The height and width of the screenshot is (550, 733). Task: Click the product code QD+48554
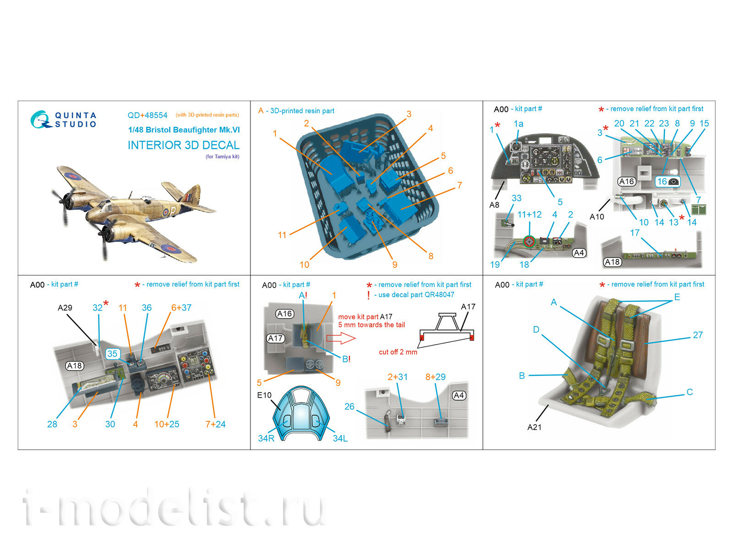147,115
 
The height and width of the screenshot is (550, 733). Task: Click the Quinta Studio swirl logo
40,119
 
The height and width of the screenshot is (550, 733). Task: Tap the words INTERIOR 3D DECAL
183,145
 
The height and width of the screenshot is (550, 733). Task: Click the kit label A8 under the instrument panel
494,205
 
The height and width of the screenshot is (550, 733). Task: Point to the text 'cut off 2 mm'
398,352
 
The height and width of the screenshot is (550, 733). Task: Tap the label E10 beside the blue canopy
264,395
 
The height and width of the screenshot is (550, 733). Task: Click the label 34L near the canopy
340,439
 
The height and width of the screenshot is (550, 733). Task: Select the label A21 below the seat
534,427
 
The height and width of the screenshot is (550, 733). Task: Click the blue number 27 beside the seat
697,335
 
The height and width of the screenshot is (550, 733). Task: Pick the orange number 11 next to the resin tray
282,235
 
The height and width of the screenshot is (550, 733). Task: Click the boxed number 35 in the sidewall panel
112,354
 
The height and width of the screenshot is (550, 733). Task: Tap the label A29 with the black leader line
65,308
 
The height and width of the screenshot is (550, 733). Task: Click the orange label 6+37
181,308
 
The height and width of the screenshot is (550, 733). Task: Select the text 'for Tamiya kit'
222,157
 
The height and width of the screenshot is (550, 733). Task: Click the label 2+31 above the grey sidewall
397,377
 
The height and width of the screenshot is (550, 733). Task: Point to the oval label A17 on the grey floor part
275,338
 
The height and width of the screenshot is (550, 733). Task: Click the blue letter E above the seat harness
677,297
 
